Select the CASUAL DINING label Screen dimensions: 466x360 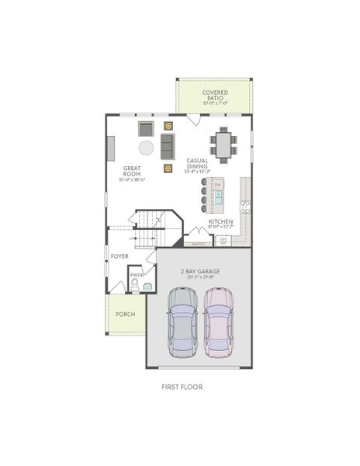pos(196,164)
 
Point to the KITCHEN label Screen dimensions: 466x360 pos(220,221)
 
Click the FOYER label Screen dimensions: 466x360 pos(119,256)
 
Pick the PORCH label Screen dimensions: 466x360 pos(125,314)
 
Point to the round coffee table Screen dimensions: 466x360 pos(146,148)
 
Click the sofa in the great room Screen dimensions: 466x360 pos(168,145)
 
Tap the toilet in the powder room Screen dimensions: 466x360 pos(134,287)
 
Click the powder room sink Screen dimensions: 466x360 pos(147,285)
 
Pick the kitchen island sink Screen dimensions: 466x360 pos(218,196)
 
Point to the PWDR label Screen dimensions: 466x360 pos(137,275)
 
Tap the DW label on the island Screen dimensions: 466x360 pos(218,184)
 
